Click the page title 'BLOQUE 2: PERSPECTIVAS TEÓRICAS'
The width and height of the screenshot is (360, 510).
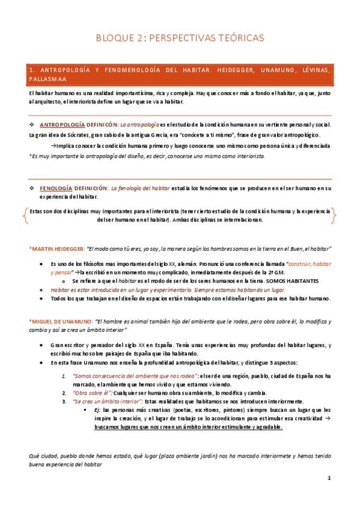[180, 38]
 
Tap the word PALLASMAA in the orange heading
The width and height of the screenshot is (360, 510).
[50, 79]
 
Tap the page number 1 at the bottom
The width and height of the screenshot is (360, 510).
[329, 478]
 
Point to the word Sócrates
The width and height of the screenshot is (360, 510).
[78, 135]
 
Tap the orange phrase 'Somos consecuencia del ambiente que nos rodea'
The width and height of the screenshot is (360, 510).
[135, 360]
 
